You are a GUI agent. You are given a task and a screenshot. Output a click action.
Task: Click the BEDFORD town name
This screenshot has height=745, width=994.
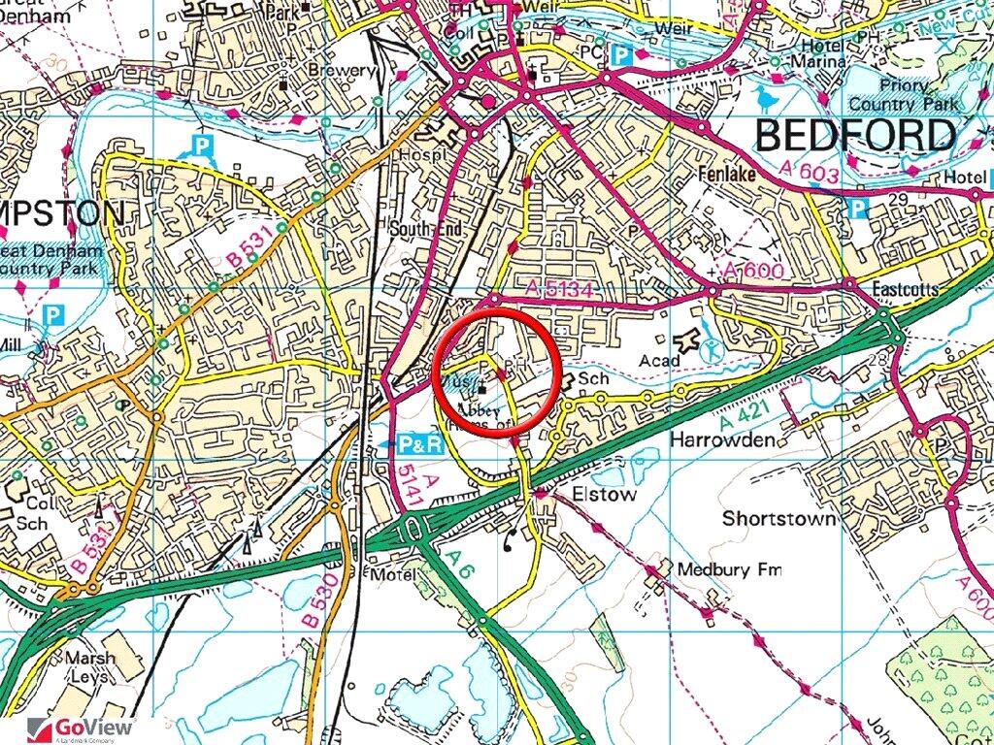click(854, 136)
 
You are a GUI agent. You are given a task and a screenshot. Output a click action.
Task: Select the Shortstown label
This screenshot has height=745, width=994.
click(779, 519)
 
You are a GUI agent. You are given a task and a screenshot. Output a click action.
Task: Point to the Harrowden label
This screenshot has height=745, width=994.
click(721, 440)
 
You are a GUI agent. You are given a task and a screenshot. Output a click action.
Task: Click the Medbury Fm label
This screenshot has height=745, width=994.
click(729, 569)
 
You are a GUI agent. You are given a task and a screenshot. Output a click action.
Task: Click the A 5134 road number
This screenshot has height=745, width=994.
click(560, 288)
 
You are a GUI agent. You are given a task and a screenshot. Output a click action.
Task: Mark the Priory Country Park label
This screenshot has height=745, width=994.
click(902, 95)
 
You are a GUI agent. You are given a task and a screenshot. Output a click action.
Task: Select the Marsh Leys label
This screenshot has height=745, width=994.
click(89, 666)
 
